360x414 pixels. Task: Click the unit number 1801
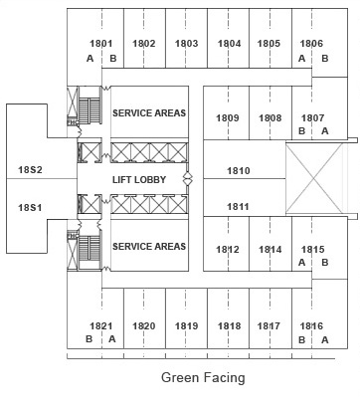101,44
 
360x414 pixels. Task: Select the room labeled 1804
230,44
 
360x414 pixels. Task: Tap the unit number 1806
312,44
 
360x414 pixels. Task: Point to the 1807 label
312,117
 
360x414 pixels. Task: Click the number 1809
228,117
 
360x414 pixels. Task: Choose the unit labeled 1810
239,171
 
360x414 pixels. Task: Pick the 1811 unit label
239,206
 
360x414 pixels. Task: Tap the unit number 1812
228,249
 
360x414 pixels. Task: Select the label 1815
312,249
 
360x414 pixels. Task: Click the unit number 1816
312,325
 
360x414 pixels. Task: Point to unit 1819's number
186,325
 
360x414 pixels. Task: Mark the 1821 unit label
101,325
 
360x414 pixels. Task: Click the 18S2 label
30,170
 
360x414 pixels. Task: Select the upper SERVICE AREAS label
149,113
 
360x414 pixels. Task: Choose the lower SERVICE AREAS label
149,246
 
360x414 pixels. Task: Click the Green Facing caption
203,377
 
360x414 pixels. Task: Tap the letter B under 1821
90,339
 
